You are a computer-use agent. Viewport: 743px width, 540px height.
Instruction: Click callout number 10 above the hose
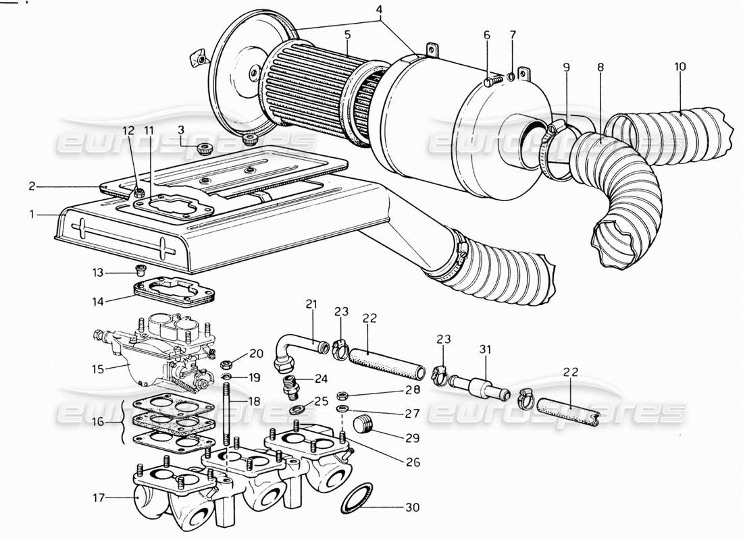pyautogui.click(x=680, y=67)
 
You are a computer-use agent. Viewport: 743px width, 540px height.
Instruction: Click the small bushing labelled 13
pyautogui.click(x=140, y=271)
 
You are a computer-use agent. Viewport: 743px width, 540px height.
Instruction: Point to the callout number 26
pyautogui.click(x=413, y=462)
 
